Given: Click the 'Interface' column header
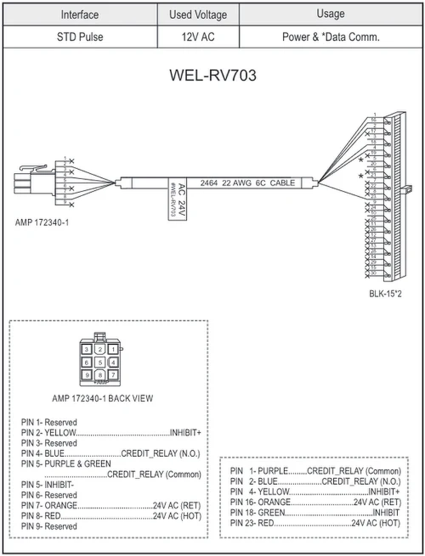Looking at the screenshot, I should (80, 15).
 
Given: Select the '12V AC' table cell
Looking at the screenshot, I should (198, 37).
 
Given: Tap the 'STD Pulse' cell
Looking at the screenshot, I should (80, 37).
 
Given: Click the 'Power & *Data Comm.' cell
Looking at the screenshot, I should (331, 37).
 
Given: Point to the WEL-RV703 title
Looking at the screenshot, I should (213, 75).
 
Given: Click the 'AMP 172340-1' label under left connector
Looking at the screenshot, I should (42, 223).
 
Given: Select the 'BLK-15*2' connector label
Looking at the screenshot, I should (385, 294).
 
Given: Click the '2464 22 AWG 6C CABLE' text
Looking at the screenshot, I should (247, 183).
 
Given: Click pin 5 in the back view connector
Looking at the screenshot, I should (100, 362).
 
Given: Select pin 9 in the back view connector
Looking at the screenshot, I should (87, 375).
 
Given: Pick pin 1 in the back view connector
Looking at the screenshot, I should (113, 349).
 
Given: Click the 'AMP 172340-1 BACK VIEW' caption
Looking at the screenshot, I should (103, 399).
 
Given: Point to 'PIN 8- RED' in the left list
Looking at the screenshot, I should (41, 516).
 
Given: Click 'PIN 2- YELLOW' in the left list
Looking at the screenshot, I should (48, 432).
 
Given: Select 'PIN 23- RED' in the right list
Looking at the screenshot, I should (252, 523).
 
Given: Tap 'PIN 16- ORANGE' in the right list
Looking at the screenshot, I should (260, 502).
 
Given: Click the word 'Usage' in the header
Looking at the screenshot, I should (331, 14).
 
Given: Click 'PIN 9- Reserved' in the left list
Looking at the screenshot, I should (49, 526).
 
